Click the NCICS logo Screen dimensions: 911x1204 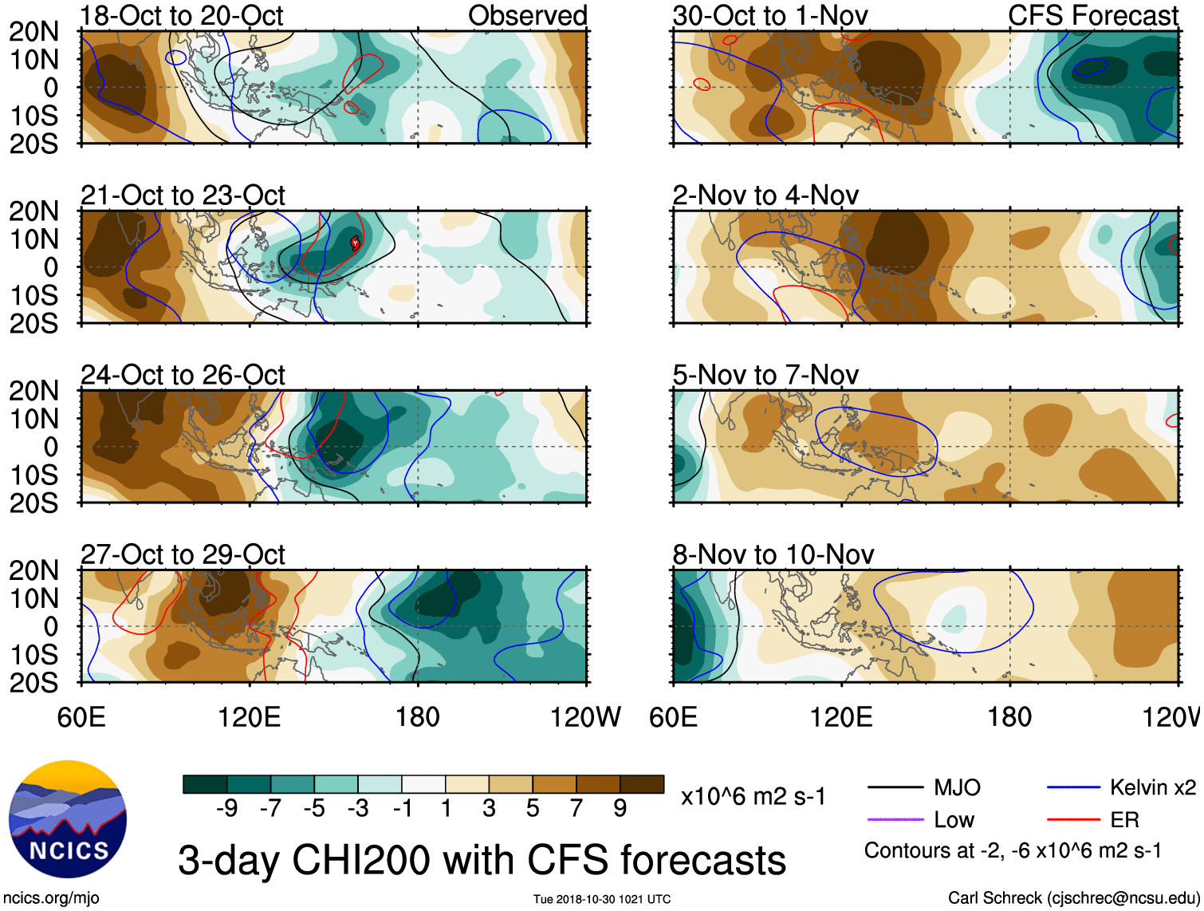pos(68,819)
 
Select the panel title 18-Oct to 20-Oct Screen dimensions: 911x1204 pos(182,16)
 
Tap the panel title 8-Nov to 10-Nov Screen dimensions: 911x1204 pos(773,554)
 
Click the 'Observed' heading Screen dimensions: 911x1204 pos(527,16)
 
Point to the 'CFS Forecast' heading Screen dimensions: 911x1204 pos(1092,16)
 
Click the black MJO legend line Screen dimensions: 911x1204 pos(895,788)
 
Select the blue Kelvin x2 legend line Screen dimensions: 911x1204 pos(1073,788)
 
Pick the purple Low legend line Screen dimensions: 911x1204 pos(895,820)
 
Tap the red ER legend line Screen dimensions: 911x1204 pos(1073,820)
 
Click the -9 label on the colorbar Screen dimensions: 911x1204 pos(226,809)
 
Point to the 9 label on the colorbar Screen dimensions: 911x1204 pos(620,809)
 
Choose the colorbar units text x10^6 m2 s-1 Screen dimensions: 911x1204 pos(753,797)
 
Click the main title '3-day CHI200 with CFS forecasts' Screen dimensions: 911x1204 pos(482,861)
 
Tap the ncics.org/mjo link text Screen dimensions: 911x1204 pos(51,898)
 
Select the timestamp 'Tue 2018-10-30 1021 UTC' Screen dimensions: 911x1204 pos(602,900)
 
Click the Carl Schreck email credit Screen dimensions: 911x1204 pos(1073,898)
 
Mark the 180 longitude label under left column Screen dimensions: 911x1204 pos(418,717)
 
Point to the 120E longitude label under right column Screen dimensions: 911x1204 pos(841,717)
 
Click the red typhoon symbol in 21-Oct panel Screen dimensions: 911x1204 pos(355,243)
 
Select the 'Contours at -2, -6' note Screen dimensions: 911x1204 pos(1013,851)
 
